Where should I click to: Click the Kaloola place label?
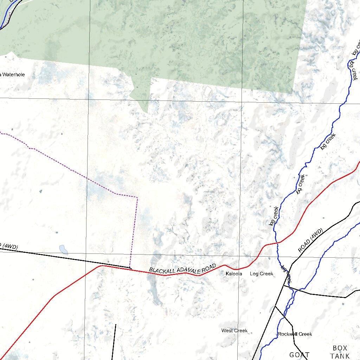pos(234,274)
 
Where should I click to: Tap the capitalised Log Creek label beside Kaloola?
pos(261,274)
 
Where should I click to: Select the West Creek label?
pos(234,330)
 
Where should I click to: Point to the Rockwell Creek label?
pos(295,334)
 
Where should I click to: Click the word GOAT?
pos(299,355)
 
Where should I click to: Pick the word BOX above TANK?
pos(340,348)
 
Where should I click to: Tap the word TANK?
pos(340,356)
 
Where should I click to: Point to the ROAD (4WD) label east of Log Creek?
pos(310,240)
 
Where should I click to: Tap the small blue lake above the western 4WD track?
pos(63,249)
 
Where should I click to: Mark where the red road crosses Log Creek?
pos(278,243)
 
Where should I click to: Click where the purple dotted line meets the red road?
pos(131,269)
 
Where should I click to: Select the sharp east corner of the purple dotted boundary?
pos(137,198)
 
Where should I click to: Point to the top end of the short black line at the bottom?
pos(116,325)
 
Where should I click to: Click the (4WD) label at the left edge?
pos(9,247)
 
